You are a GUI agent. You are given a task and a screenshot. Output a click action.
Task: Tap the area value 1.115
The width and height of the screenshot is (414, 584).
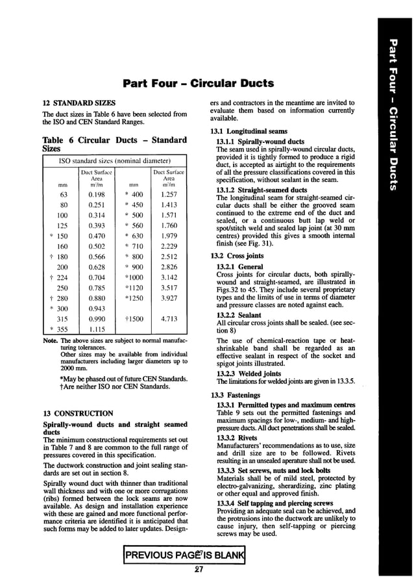[x=97, y=330]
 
